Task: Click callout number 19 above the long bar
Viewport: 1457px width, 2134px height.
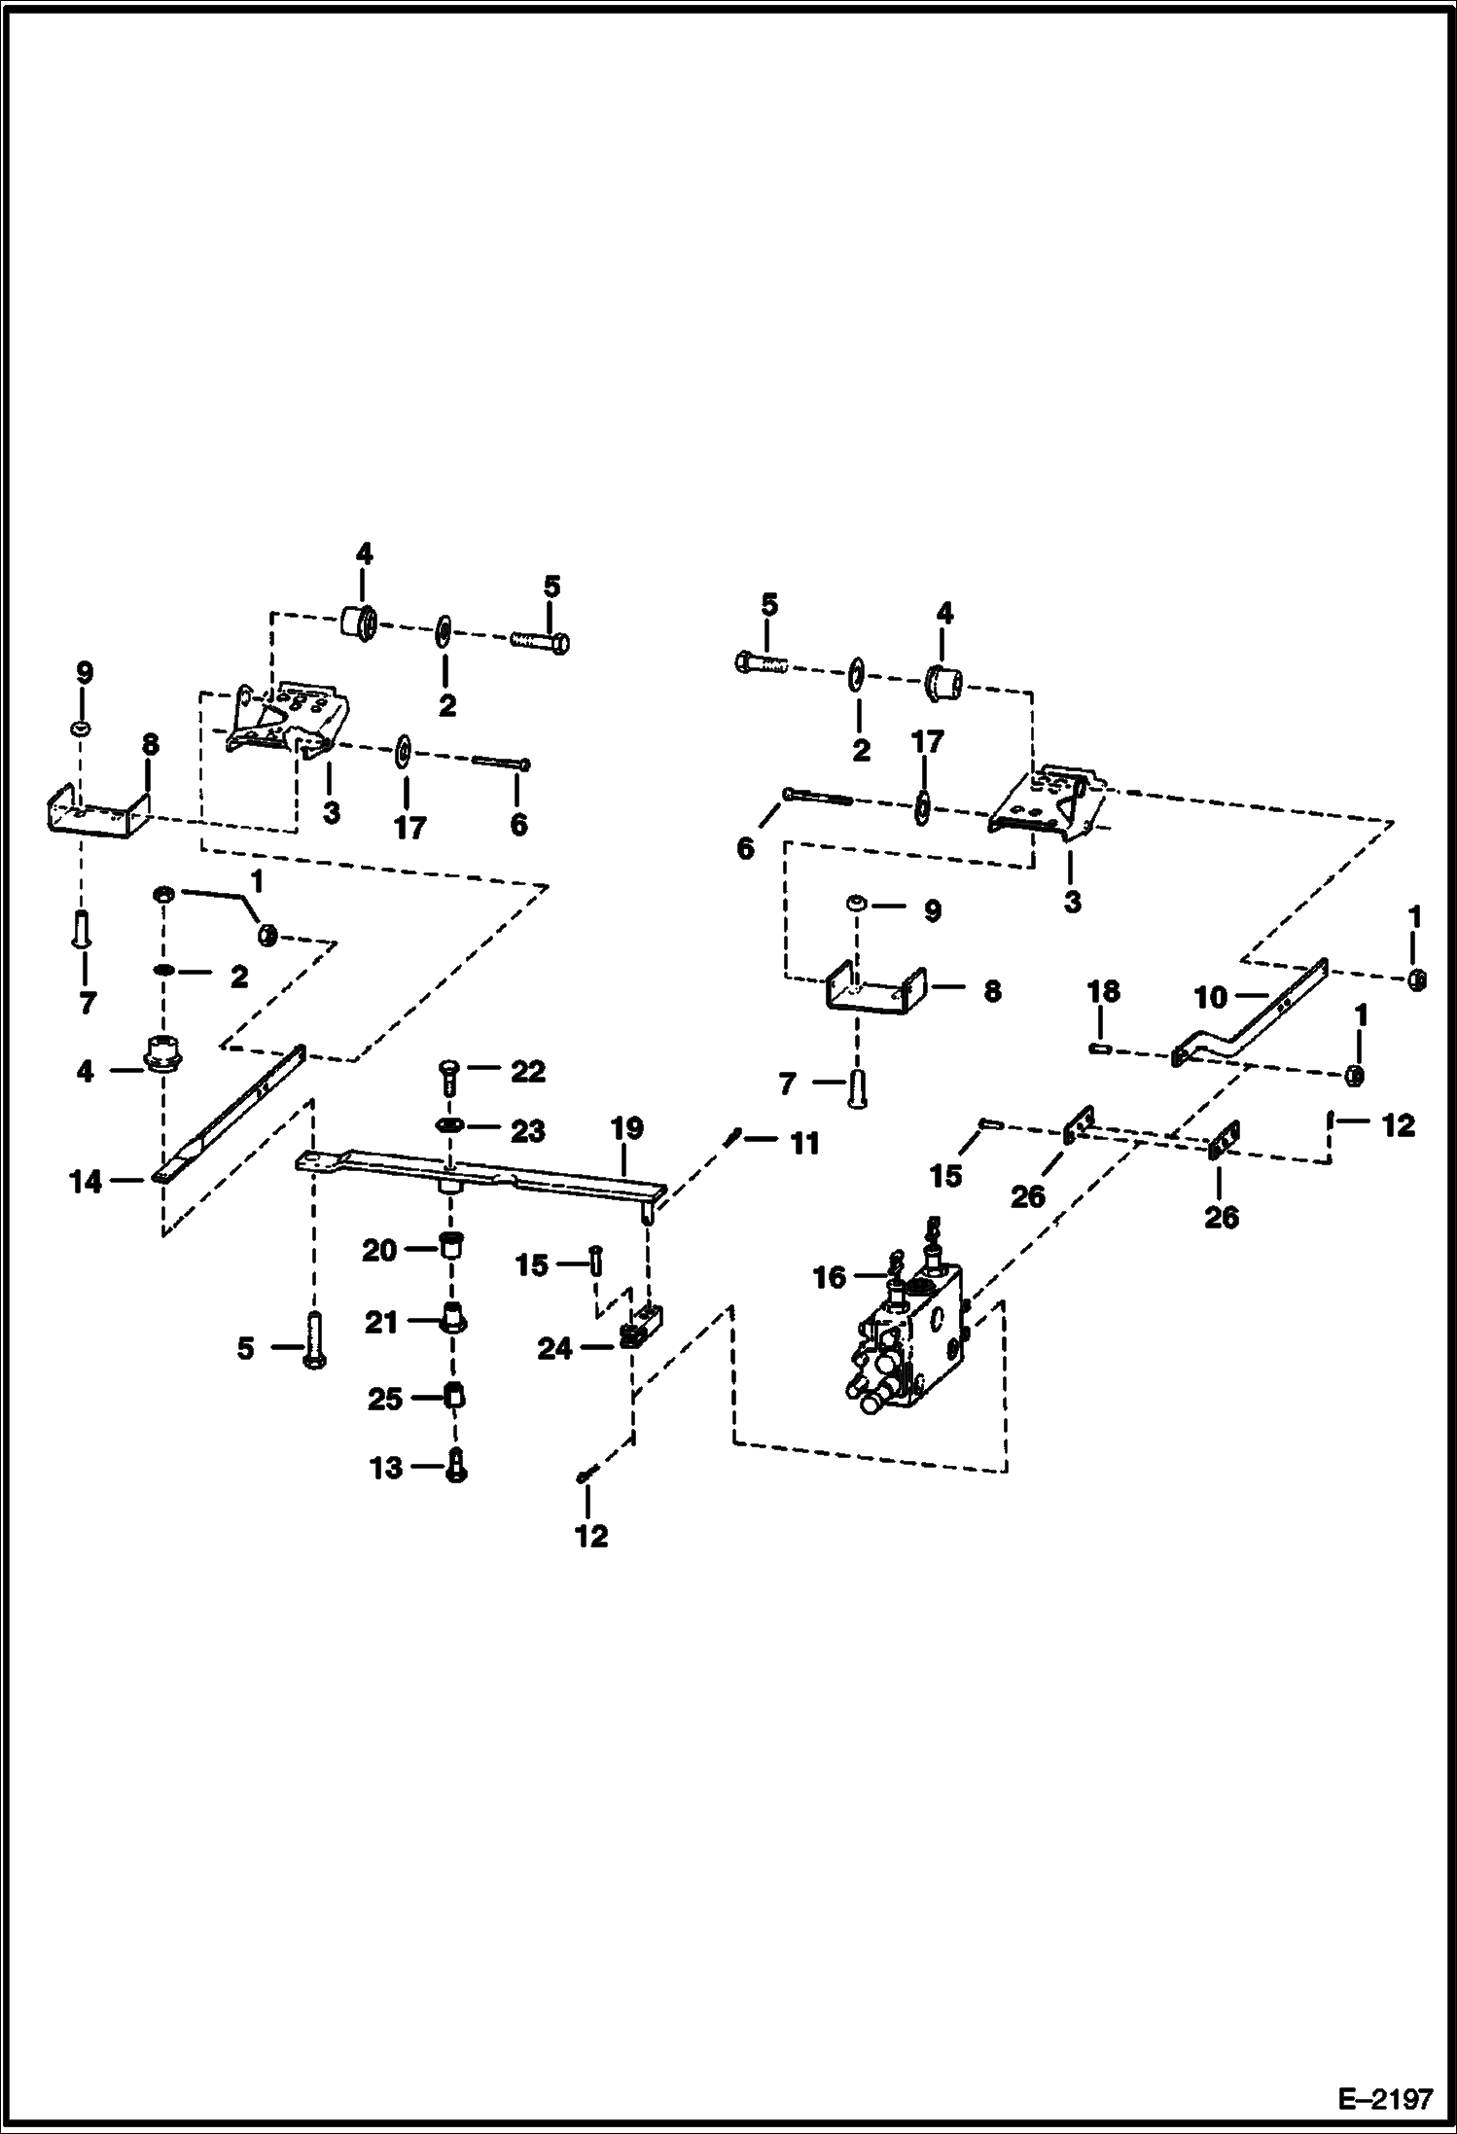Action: coord(627,1128)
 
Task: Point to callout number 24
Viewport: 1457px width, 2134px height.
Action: coord(555,1349)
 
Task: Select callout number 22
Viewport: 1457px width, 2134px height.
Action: coord(528,1071)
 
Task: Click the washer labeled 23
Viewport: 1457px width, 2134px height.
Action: coord(449,1125)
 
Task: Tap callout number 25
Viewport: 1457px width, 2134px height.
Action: coord(385,1399)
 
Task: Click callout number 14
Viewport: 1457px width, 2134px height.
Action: coord(86,1182)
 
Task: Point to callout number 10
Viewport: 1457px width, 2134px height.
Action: coord(1210,996)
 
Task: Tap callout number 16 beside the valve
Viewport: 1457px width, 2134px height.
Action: coord(830,1277)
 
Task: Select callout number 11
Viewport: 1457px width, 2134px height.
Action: coord(804,1143)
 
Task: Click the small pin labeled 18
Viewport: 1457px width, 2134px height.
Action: coord(1100,1048)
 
